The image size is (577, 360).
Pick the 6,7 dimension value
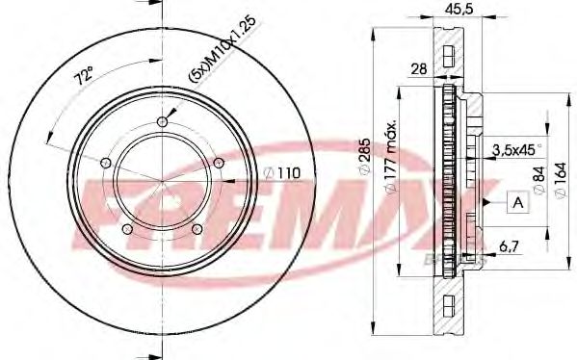tap(509, 247)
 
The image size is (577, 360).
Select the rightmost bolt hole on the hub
tap(219, 161)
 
